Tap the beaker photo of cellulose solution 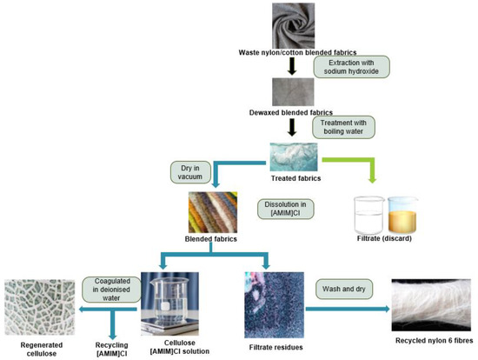(176, 301)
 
